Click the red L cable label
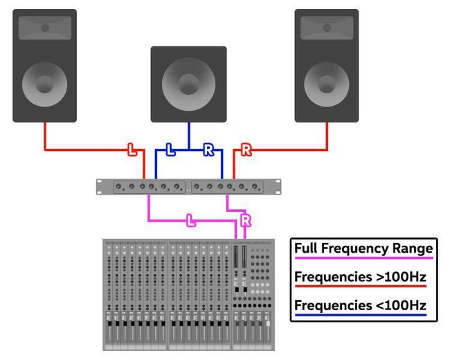click(132, 149)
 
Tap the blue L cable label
click(170, 149)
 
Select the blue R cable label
click(208, 149)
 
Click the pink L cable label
click(191, 221)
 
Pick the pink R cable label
click(244, 221)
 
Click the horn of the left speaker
click(45, 28)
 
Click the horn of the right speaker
click(326, 28)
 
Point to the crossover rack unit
click(189, 186)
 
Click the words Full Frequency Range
click(363, 248)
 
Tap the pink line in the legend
click(363, 258)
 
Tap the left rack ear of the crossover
click(101, 186)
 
